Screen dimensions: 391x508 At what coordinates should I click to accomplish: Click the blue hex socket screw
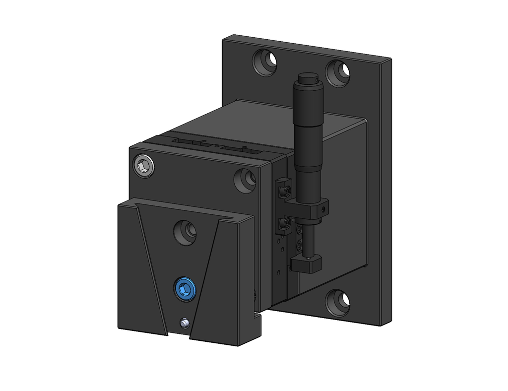[185, 288]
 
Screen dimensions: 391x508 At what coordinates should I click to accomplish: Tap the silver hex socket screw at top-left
[144, 166]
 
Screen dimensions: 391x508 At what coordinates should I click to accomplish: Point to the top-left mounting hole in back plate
[265, 62]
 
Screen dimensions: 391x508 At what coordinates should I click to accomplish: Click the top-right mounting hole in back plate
[338, 73]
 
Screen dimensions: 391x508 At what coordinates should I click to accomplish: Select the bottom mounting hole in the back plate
[337, 302]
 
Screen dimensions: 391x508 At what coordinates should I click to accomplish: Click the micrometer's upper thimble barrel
[308, 107]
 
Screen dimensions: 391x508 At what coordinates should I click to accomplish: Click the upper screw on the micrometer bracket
[286, 190]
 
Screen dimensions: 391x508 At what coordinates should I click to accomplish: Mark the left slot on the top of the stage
[189, 143]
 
